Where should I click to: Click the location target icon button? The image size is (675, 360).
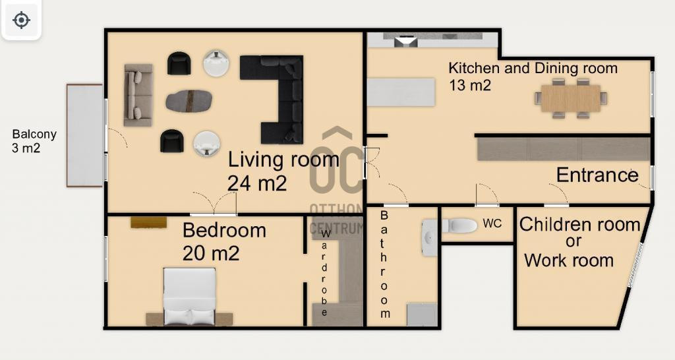(21, 20)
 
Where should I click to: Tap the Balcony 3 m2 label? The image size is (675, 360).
(34, 141)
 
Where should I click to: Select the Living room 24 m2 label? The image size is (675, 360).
(283, 171)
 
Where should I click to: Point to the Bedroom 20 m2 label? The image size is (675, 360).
(224, 241)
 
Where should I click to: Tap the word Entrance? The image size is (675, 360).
(597, 175)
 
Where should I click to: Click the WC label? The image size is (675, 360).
(492, 223)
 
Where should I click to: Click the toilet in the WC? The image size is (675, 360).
(459, 225)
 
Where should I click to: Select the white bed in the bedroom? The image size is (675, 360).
(189, 296)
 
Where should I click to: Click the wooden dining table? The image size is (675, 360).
(571, 98)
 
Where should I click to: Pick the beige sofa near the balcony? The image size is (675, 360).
(138, 95)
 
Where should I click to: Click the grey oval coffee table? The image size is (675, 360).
(189, 100)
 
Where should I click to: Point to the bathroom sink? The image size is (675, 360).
(429, 238)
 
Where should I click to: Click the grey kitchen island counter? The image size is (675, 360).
(401, 92)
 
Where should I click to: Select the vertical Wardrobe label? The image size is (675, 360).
(325, 272)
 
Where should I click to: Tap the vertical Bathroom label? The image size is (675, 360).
(384, 264)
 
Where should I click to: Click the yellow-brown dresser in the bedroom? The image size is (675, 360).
(149, 222)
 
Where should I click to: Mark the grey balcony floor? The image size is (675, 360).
(85, 135)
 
